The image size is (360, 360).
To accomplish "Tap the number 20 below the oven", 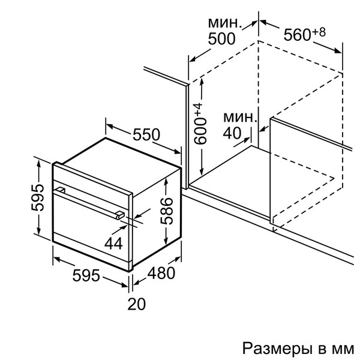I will point(137,304).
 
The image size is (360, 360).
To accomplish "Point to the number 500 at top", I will point(223,40).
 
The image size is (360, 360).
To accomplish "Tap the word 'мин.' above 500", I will point(225,23).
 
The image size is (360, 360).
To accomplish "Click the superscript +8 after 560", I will point(319,31).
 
